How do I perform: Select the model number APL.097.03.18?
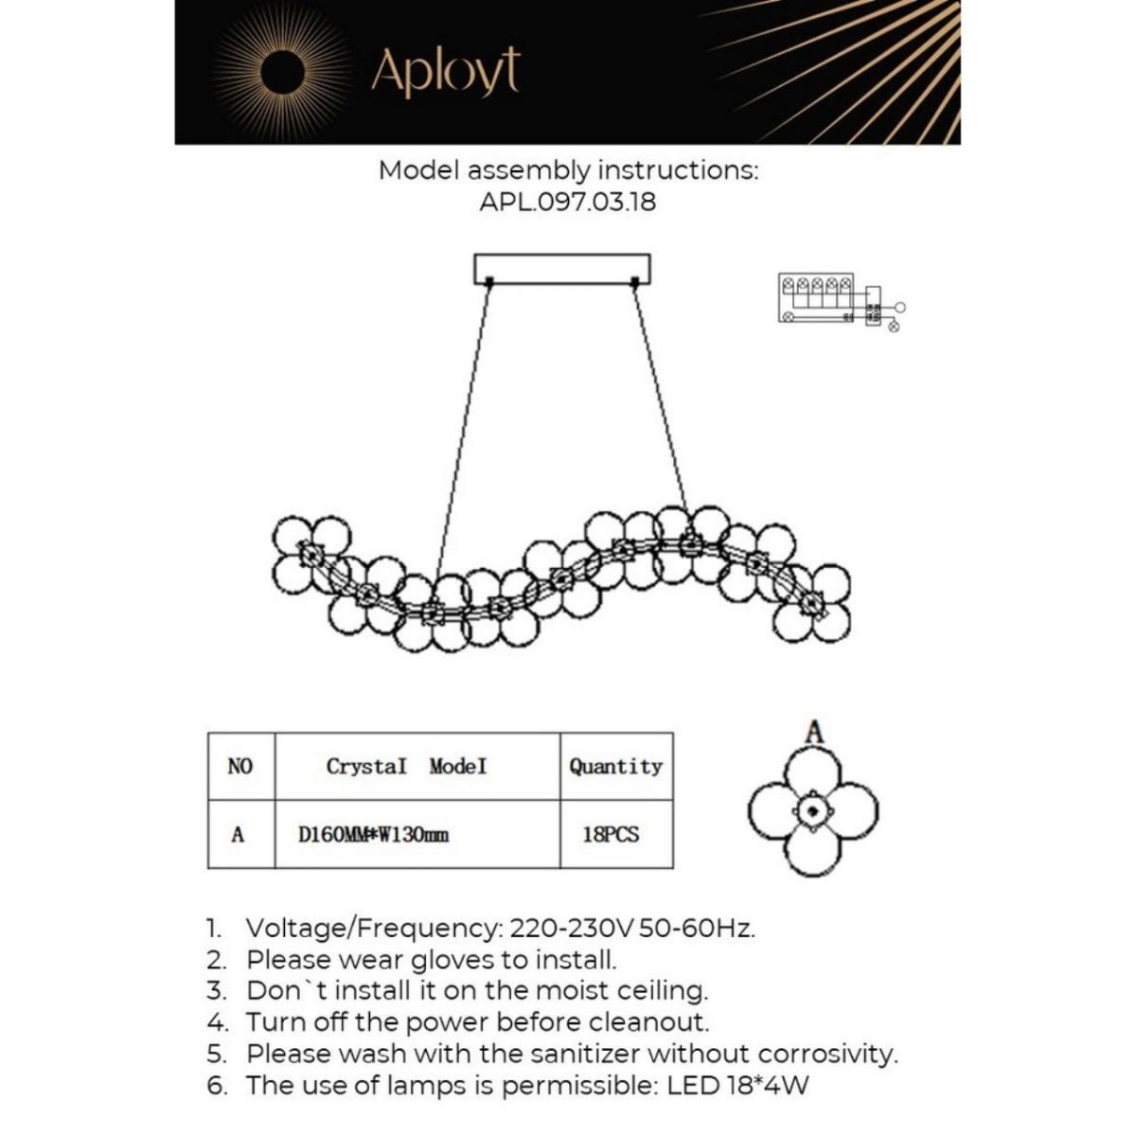coord(567,202)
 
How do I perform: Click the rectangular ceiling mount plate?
coord(562,268)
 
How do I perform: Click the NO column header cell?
coord(240,766)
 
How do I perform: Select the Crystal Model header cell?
coord(407,766)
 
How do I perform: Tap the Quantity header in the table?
coord(615,766)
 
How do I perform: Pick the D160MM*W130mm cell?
coord(374,835)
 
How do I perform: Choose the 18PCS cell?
coord(611,835)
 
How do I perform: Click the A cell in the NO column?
coord(238,835)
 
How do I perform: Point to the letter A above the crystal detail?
coord(814,731)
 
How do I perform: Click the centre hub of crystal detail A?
coord(813,810)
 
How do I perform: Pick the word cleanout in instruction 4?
coord(648,1022)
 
